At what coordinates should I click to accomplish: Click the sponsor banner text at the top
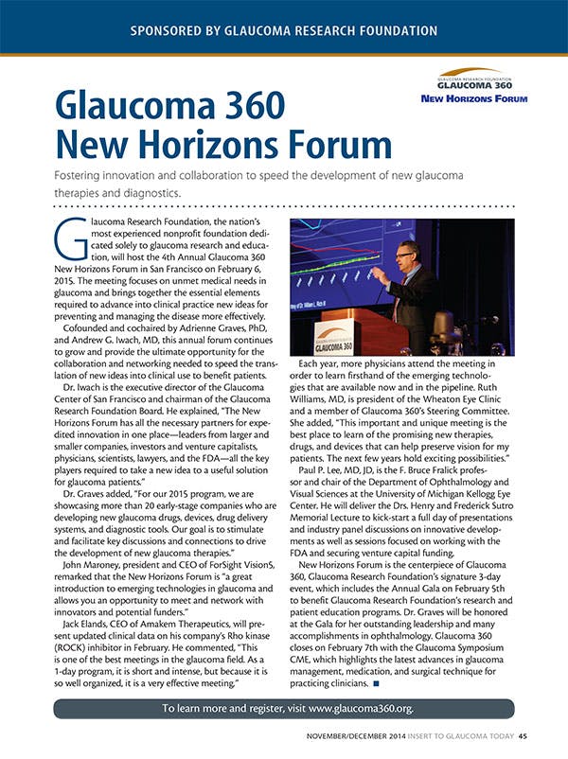(284, 28)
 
